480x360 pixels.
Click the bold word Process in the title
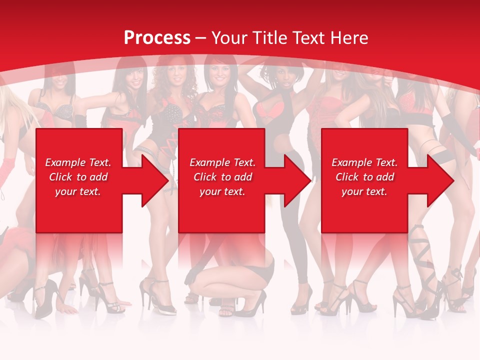(157, 37)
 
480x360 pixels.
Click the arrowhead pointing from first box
(154, 180)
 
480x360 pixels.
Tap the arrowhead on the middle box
(297, 180)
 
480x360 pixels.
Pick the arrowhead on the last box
(440, 180)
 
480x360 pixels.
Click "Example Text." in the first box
(78, 162)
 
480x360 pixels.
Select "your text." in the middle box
(222, 191)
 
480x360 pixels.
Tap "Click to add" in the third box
(364, 177)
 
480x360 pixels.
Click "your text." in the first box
(78, 191)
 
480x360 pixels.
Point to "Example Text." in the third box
(364, 162)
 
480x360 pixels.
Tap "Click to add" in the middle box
(222, 177)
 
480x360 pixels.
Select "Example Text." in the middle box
(222, 162)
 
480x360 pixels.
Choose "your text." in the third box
(364, 191)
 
